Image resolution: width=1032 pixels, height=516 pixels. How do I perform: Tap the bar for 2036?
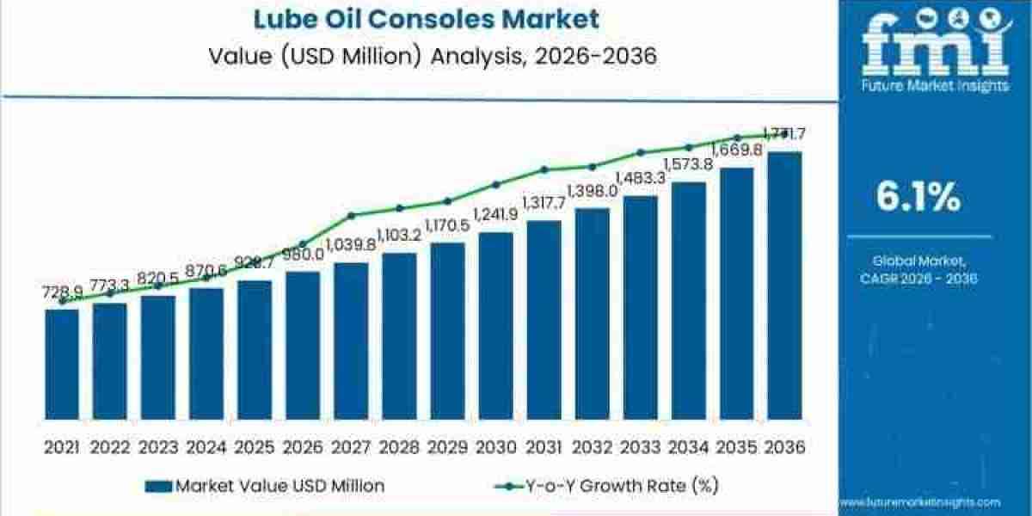(x=784, y=292)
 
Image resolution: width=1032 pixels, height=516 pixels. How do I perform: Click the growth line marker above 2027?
(x=351, y=215)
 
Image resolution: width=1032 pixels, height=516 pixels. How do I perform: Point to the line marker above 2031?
(x=544, y=169)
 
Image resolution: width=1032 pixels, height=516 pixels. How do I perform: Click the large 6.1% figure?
(x=918, y=198)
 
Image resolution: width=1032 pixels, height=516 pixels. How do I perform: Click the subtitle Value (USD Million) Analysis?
(x=419, y=57)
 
